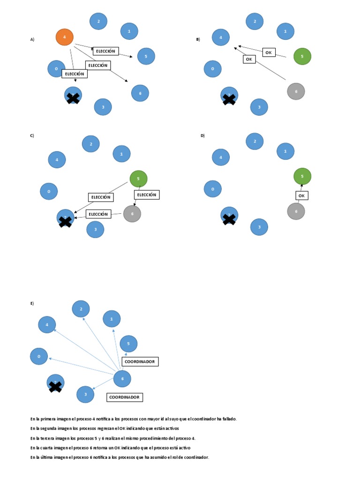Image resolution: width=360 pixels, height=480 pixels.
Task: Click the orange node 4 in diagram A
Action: pos(65,37)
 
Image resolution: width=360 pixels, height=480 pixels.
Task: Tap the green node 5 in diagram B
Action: pos(302,56)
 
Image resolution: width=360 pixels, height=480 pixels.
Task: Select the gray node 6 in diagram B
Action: pos(296,91)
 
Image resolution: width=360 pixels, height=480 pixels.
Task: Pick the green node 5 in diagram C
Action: pos(138,179)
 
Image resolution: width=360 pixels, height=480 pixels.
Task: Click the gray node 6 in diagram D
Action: pos(296,211)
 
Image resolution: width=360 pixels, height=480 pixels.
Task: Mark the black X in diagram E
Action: pos(55,386)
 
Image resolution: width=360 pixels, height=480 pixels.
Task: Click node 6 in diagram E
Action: pos(122,379)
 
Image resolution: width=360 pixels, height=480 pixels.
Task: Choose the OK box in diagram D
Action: pos(301,195)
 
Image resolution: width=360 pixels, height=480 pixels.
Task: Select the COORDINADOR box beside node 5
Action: pos(140,362)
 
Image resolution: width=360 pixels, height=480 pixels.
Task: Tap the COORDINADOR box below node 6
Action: pos(124,397)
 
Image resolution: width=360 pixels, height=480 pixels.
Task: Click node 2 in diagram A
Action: pos(98,21)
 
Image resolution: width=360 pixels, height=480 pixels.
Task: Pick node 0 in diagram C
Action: pos(49,191)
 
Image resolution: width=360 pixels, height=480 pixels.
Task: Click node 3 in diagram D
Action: pos(259,227)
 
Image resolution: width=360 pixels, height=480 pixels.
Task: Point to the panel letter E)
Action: pos(32,304)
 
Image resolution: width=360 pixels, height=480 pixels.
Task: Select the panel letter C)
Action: pos(32,135)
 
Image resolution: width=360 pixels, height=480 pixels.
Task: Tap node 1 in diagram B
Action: pos(285,31)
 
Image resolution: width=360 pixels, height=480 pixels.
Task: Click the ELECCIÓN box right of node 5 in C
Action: pos(147,195)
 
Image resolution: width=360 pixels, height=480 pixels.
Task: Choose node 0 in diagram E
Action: pos(39,356)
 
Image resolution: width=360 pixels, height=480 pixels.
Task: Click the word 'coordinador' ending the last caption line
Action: pos(196,457)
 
